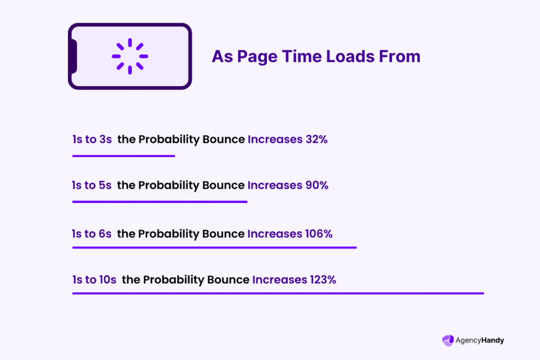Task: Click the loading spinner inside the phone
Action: click(130, 56)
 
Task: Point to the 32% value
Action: click(316, 140)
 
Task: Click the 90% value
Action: click(316, 186)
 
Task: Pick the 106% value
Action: click(319, 233)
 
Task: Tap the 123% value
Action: click(322, 280)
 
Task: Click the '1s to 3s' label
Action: click(92, 140)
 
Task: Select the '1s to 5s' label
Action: click(92, 186)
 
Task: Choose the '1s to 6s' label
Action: click(92, 233)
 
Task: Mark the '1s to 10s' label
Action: click(94, 280)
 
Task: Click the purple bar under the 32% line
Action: click(123, 156)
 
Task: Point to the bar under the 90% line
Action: click(160, 202)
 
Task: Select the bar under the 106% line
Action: click(214, 247)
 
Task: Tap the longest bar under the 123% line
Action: click(278, 293)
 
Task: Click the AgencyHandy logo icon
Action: click(448, 340)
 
